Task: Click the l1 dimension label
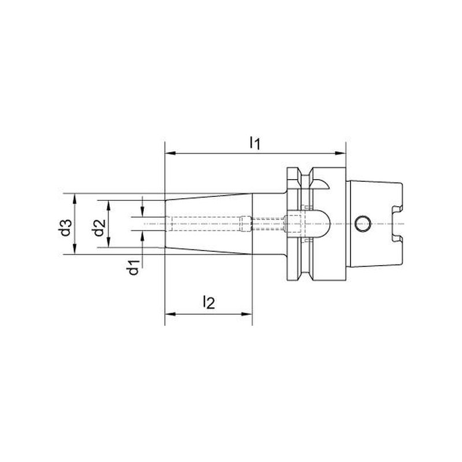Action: [x=255, y=143]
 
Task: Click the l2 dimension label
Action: [x=209, y=302]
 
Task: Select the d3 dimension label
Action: [x=66, y=228]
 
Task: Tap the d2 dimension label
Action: [x=99, y=228]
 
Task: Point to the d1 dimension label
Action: [x=133, y=267]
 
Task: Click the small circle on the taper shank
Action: [x=362, y=224]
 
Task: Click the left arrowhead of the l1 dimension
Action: [x=170, y=153]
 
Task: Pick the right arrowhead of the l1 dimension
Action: [x=340, y=153]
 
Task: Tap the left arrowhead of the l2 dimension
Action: [x=170, y=314]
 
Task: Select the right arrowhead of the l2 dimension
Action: [x=247, y=314]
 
